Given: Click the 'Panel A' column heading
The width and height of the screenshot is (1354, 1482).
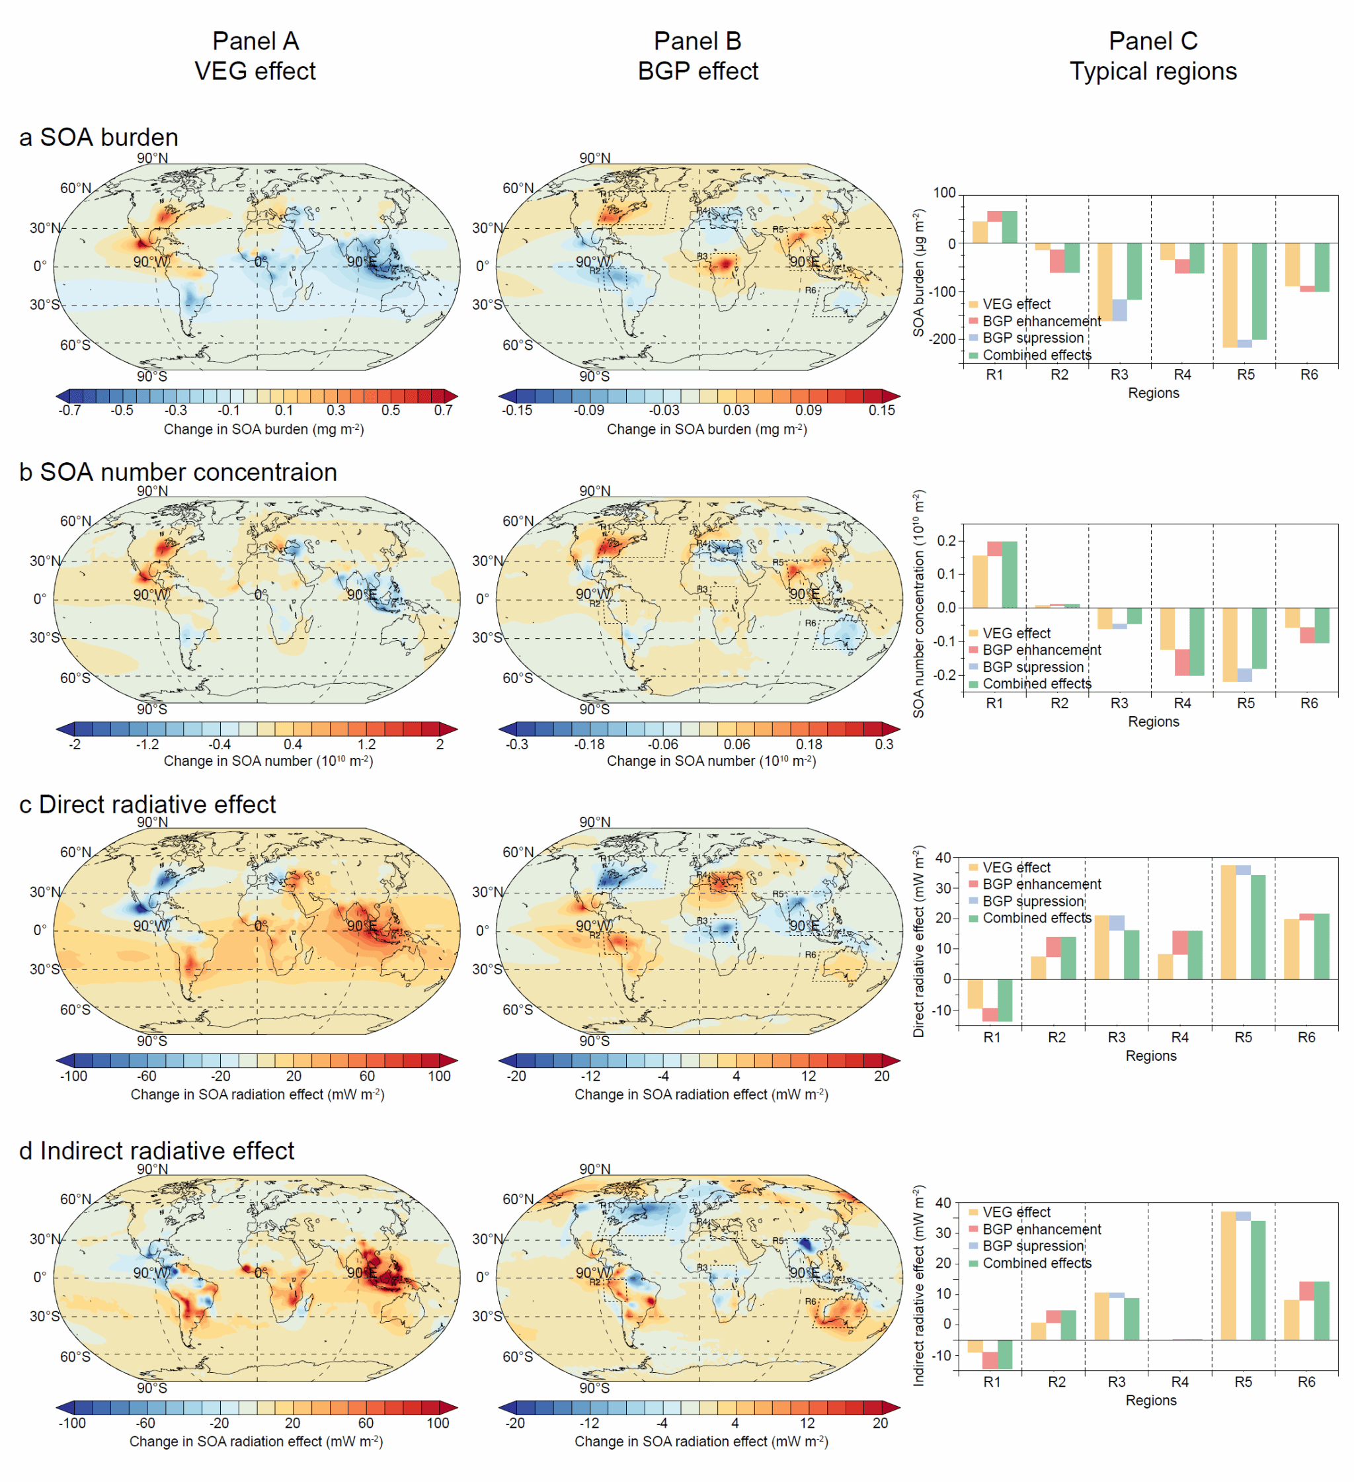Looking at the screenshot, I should tap(255, 41).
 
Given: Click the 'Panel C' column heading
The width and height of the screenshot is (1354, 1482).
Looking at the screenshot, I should tap(1152, 41).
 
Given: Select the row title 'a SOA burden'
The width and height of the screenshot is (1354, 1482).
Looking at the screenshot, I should tap(99, 138).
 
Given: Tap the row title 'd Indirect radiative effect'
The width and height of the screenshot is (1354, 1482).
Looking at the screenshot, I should tap(156, 1151).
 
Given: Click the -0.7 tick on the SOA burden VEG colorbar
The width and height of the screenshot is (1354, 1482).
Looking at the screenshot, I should tap(70, 410).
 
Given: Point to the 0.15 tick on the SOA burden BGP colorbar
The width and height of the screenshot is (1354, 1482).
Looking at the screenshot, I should tap(881, 410).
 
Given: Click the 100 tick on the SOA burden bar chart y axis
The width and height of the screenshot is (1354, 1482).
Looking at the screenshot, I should tap(944, 193).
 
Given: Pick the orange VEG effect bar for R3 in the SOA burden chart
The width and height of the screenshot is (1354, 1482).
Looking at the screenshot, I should tap(1104, 282).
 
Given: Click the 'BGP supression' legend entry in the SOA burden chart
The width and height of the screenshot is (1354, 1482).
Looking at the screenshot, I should tap(1032, 338).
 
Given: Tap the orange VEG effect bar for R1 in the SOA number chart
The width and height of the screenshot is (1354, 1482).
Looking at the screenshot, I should tap(979, 581).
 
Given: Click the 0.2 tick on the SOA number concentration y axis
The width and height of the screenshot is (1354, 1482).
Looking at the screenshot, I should tap(946, 541).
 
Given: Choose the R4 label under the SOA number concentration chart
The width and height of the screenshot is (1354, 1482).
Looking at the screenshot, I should tap(1181, 704).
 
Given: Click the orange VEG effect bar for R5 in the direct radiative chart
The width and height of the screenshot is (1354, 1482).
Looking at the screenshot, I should tap(1228, 922).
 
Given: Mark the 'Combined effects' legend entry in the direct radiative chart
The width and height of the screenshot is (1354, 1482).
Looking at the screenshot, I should tap(1036, 918).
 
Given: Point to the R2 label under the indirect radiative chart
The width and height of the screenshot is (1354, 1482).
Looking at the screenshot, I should tap(1056, 1382).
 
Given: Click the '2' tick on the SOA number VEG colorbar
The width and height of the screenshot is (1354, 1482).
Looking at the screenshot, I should tap(440, 745).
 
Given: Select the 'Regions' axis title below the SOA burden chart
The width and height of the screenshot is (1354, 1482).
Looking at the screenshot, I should tap(1152, 393).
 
